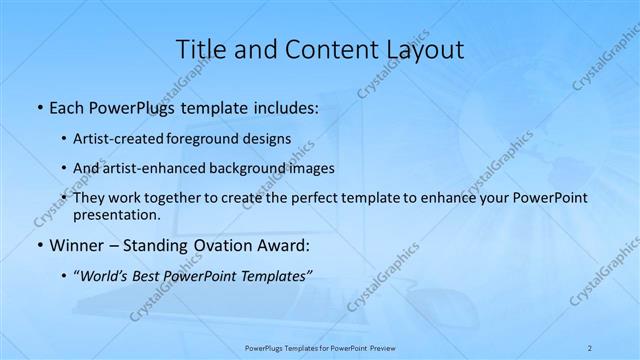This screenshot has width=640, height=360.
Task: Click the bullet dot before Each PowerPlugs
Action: [38, 106]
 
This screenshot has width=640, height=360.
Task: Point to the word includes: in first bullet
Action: [287, 106]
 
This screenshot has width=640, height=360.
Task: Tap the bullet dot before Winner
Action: [38, 245]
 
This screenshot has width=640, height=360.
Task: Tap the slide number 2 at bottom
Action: [590, 347]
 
